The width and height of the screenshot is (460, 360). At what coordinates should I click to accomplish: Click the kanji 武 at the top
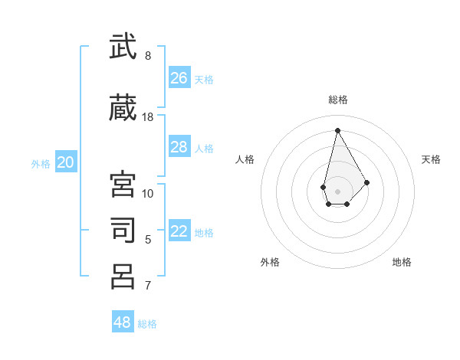pos(123,47)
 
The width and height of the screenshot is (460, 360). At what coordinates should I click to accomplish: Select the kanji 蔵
pos(123,109)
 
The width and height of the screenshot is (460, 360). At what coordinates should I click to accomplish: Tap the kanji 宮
pos(123,185)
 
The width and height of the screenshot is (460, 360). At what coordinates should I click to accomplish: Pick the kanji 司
pos(123,231)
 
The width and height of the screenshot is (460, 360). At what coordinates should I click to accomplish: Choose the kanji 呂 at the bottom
pos(123,277)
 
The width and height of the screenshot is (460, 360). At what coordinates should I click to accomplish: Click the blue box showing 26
pos(179,78)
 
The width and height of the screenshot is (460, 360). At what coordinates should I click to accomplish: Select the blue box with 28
pos(179,147)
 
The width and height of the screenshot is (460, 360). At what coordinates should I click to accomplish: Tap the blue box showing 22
pos(179,231)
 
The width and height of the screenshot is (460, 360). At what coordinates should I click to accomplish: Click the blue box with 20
pos(66,162)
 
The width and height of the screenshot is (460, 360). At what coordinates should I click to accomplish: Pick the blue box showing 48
pos(123,322)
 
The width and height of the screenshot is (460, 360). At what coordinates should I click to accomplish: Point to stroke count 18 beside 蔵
pos(148,117)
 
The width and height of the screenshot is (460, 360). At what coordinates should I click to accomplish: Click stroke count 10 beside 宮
pos(148,193)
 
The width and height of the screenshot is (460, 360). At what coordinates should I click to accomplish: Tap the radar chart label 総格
pos(338,100)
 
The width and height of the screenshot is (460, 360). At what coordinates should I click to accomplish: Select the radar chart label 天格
pos(431,159)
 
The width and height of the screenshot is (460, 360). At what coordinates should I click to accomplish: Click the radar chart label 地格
pos(402,262)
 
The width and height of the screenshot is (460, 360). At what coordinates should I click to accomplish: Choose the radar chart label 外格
pos(270,262)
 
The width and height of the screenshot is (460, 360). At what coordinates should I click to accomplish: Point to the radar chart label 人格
pos(245,159)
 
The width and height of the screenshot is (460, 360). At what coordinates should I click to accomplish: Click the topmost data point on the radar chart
pos(337,129)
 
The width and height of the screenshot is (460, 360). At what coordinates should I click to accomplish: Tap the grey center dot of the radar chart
pos(337,190)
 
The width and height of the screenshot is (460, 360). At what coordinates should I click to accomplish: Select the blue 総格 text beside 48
pos(147,324)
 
